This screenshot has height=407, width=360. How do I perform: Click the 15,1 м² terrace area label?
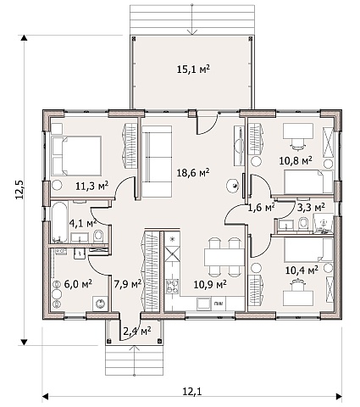193,69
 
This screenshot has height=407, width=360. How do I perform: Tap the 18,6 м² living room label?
193,172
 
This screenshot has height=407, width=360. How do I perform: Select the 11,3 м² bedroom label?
92,186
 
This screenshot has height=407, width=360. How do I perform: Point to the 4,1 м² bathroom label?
83,224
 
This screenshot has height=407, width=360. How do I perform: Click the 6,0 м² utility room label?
78,284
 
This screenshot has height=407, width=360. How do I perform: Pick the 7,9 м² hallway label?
128,284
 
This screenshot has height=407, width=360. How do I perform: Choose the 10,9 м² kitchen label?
210,285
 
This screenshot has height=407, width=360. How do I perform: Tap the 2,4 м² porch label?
137,331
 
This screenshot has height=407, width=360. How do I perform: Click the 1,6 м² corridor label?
262,208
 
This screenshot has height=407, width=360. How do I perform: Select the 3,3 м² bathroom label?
311,208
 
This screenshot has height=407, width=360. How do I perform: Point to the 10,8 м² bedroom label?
296,160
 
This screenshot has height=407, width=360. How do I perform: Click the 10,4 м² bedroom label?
302,270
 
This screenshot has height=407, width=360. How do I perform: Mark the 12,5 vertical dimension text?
20,189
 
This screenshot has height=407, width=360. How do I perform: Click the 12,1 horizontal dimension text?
192,392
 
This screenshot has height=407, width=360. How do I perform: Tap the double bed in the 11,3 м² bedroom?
76,156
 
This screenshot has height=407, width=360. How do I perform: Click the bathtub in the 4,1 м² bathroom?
59,222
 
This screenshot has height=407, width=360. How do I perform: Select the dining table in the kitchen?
224,257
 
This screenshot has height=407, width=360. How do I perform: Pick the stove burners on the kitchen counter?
172,286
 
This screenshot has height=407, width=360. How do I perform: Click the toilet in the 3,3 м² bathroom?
303,223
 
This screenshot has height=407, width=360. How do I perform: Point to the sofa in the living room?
157,162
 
